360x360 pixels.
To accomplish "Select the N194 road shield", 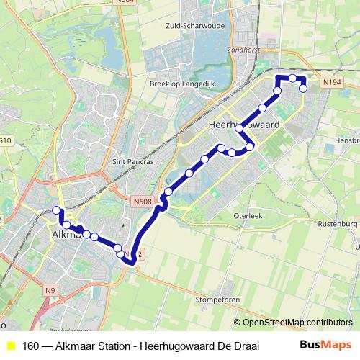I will pyautogui.click(x=332, y=83).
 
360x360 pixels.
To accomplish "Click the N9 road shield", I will pyautogui.click(x=49, y=290).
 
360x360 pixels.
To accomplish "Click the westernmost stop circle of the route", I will pyautogui.click(x=56, y=210).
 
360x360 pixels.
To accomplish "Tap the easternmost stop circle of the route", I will pyautogui.click(x=304, y=88).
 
